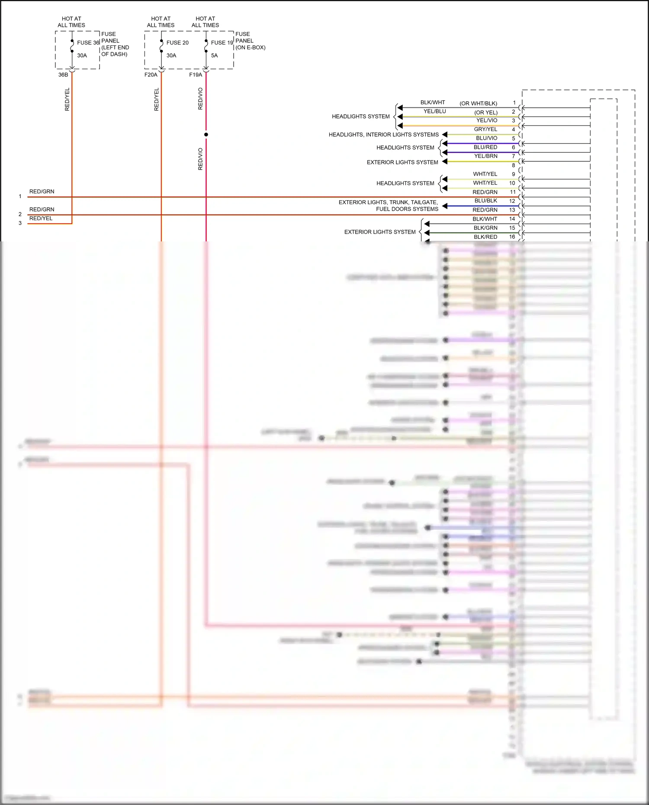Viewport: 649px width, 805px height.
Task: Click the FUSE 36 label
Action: (x=88, y=43)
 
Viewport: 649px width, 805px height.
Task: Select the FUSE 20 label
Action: (x=177, y=43)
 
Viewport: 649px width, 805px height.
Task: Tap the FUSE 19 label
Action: (x=222, y=43)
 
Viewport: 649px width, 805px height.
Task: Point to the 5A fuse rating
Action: (x=214, y=55)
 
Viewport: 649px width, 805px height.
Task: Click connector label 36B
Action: (x=63, y=75)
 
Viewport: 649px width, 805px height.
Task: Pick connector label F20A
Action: (x=151, y=75)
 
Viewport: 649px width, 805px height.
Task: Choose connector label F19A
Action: (x=196, y=75)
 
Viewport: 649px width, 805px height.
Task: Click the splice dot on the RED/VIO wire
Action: (x=206, y=135)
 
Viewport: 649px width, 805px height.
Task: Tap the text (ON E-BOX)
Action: (x=251, y=48)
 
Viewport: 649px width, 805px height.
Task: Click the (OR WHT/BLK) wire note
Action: (x=478, y=103)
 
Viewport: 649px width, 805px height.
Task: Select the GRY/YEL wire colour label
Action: (x=485, y=129)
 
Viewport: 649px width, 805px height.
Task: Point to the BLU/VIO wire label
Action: (x=486, y=138)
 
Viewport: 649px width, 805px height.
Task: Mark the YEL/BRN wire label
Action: (x=485, y=156)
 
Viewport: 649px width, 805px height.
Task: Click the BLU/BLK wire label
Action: (x=485, y=201)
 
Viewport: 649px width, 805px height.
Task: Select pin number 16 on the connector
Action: (x=512, y=237)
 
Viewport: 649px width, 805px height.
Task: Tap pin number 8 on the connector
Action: (x=514, y=165)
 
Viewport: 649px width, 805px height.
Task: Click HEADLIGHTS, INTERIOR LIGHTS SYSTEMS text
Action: (x=383, y=135)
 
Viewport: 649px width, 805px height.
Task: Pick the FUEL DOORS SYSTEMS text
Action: (x=407, y=209)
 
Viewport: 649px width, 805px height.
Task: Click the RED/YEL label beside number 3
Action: (x=41, y=218)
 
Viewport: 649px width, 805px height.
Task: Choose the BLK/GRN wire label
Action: (x=485, y=228)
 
